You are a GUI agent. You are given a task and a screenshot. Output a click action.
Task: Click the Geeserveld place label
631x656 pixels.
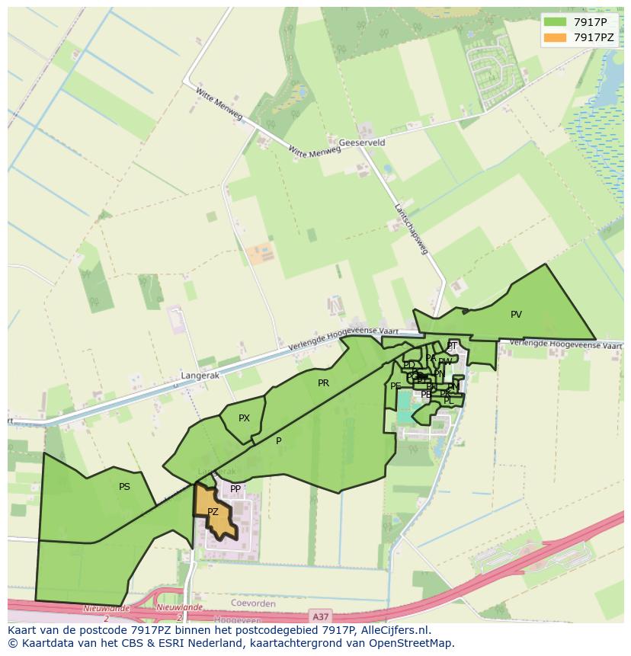362,142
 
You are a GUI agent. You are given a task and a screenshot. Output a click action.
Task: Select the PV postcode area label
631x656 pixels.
516,314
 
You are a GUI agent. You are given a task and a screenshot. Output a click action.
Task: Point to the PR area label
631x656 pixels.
323,383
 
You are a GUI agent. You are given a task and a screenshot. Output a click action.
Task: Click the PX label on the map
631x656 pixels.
244,418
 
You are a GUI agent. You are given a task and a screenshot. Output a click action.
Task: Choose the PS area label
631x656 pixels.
124,486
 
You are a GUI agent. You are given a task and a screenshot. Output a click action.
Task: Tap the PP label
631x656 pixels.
235,489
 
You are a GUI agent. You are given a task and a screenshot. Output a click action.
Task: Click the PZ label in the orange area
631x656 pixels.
213,512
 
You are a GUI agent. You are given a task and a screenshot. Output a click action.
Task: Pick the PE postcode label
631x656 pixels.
396,386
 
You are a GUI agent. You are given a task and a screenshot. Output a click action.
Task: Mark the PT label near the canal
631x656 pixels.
452,346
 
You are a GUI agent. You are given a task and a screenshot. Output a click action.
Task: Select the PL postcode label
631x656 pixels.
448,400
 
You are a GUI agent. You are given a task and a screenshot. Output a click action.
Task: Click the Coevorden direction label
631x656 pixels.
252,603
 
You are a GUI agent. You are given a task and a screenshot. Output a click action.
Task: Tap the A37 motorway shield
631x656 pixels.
321,614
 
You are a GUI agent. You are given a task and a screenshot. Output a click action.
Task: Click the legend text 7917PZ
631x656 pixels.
594,37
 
